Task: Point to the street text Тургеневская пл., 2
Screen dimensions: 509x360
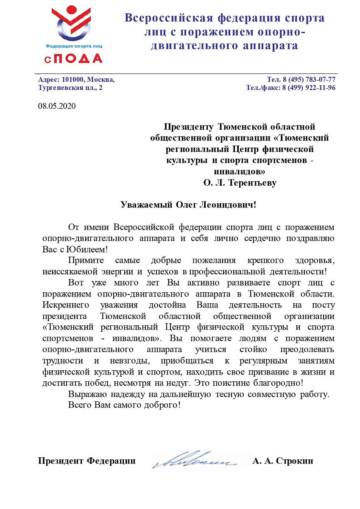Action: click(70, 88)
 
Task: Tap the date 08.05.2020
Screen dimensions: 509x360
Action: click(56, 106)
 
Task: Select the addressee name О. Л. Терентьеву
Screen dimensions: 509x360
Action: click(240, 183)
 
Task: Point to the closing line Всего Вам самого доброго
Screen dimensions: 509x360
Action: click(125, 405)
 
